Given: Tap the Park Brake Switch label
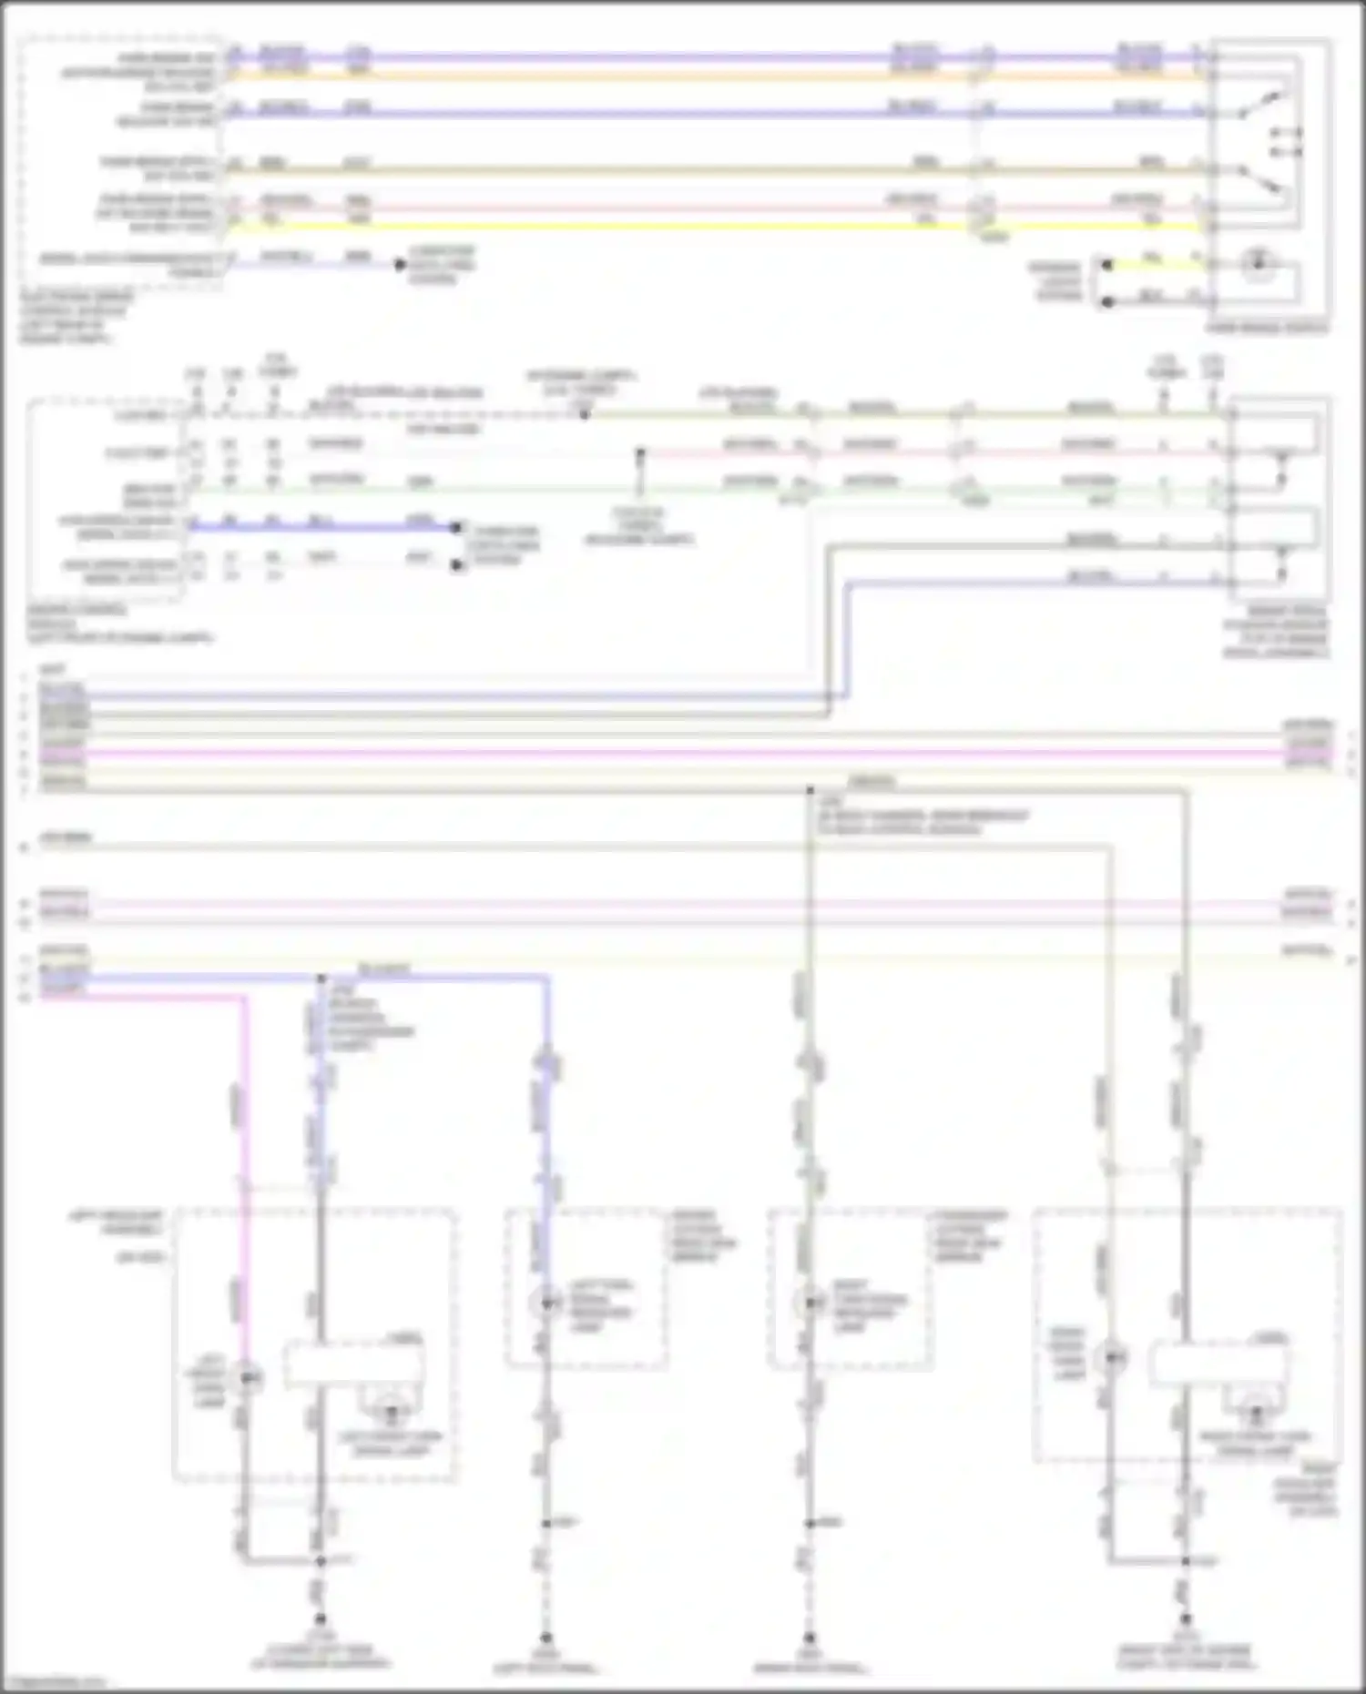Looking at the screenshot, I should coord(1266,327).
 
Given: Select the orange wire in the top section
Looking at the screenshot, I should coord(637,76).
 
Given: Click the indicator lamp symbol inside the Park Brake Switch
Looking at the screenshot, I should coord(1258,264).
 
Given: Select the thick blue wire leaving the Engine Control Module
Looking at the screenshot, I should coord(319,526).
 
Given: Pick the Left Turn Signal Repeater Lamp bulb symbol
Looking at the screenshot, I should coord(545,1303).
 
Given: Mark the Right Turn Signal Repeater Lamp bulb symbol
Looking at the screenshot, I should coord(810,1303).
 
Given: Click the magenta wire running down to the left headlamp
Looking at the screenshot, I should coord(244,1138).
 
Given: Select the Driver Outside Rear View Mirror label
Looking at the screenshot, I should coord(703,1235).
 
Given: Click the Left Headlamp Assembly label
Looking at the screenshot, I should coord(117,1222).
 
